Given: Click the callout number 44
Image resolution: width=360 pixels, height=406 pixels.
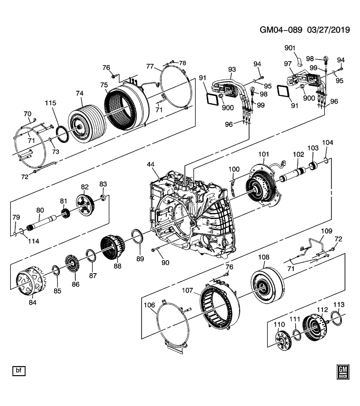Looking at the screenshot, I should tap(151, 164).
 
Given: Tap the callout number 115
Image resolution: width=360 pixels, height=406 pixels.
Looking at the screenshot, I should tap(51, 103).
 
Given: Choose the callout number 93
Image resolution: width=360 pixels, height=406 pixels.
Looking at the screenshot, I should tap(232, 69).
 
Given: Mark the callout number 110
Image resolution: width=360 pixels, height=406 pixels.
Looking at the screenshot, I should tap(278, 325).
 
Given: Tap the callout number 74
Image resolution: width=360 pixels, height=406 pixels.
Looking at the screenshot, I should tap(80, 93).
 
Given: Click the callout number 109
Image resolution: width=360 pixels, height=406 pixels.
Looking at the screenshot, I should tap(327, 231).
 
